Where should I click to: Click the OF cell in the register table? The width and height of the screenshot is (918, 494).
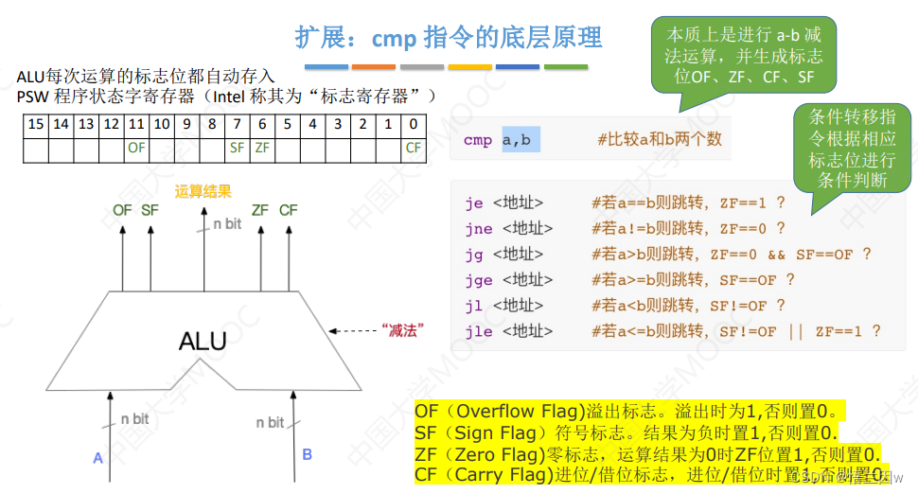tap(135, 148)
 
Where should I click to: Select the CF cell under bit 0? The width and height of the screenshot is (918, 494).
tap(414, 148)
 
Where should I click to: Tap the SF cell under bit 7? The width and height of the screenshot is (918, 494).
tap(237, 148)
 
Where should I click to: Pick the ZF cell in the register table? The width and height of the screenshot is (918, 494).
tap(262, 148)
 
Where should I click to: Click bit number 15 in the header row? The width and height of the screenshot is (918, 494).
tap(35, 124)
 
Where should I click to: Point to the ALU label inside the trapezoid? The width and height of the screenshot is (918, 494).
tap(203, 341)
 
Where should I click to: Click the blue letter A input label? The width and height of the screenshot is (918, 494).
tap(97, 458)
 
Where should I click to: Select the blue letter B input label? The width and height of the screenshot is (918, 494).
tap(307, 454)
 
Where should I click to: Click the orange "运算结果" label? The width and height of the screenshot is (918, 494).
tap(203, 191)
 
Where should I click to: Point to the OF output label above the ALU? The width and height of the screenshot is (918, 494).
tap(122, 210)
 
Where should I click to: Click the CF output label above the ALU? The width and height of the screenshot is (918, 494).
tap(289, 210)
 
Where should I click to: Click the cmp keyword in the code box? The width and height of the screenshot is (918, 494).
tap(477, 140)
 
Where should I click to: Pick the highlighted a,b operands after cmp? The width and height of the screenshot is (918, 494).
tap(517, 140)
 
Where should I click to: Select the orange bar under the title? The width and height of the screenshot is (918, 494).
tap(374, 67)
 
